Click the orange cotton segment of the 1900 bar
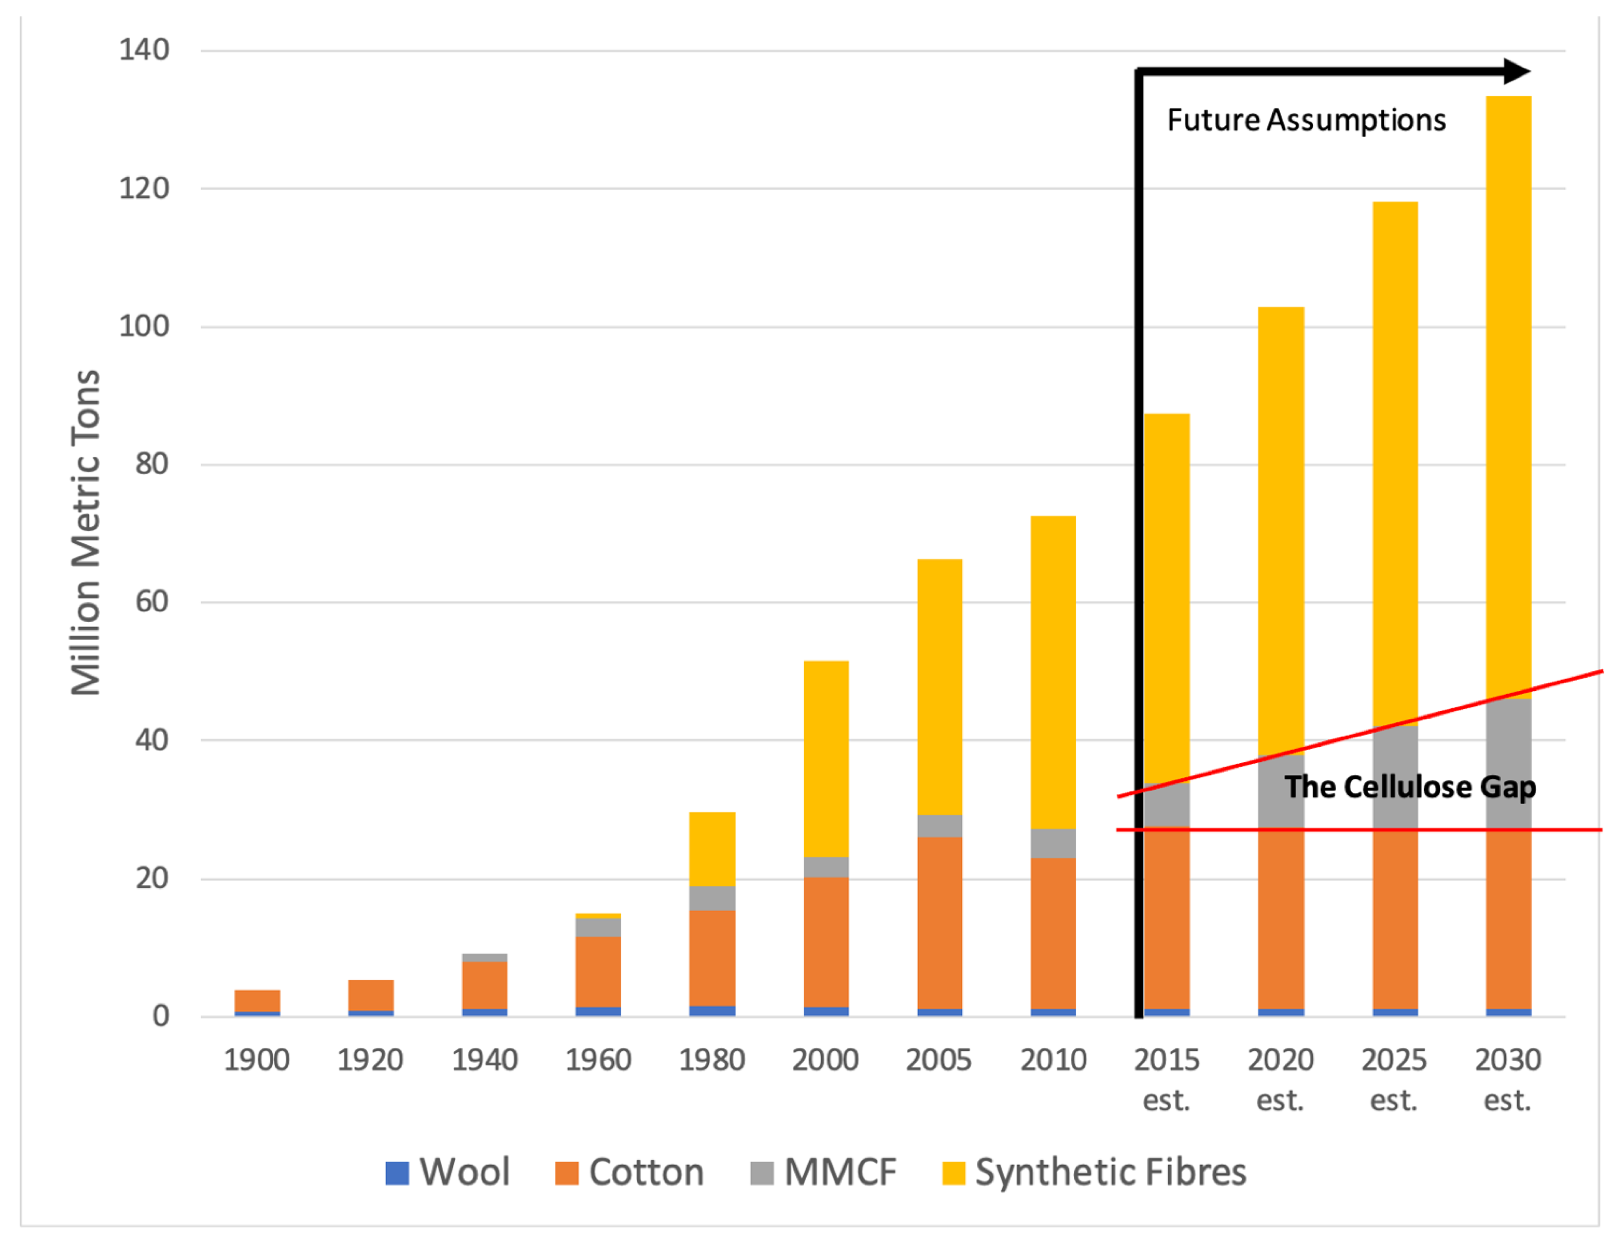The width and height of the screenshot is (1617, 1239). [x=257, y=1001]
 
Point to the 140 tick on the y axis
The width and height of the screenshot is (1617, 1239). [x=144, y=50]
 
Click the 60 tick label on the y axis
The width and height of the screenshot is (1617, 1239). [x=152, y=602]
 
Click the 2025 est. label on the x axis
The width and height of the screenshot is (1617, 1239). [x=1394, y=1079]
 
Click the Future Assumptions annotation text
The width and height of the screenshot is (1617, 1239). [x=1306, y=120]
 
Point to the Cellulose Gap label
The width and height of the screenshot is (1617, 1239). [x=1410, y=787]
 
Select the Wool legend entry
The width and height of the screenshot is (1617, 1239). [x=448, y=1172]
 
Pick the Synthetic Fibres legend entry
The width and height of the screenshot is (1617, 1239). [x=1094, y=1172]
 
